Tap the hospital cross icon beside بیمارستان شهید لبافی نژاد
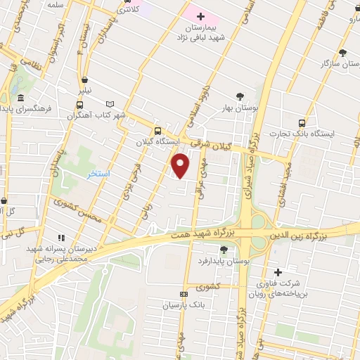[x=200, y=15]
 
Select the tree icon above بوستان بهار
[x=241, y=96]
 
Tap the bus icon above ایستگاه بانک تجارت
[x=302, y=121]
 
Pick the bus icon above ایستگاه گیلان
[x=157, y=131]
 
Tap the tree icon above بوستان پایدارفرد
[x=224, y=249]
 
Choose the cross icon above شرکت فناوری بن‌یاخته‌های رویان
[x=278, y=272]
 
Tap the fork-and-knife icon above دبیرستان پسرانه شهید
[x=62, y=238]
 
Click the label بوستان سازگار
[x=335, y=64]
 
